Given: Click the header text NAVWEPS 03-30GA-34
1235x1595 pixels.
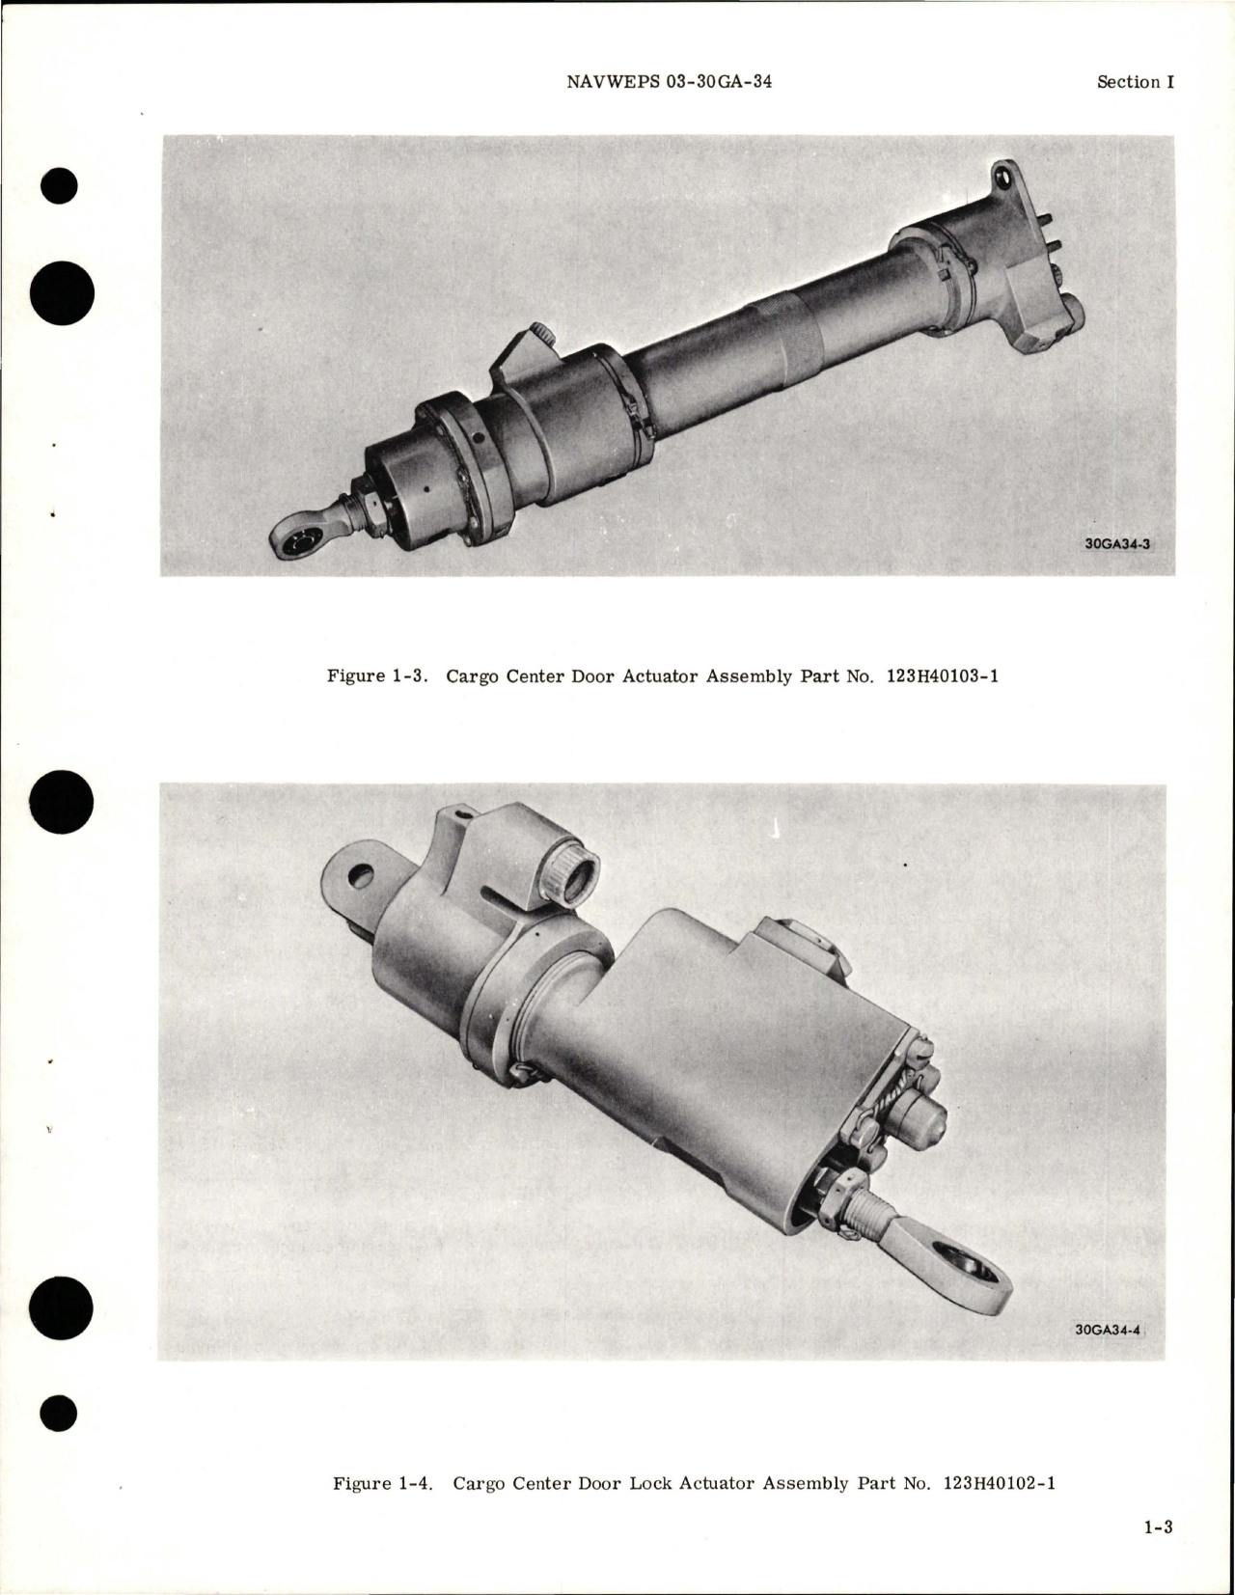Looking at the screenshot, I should click(669, 82).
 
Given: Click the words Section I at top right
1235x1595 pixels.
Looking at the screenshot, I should click(1135, 82).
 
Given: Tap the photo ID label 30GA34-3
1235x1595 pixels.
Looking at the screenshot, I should click(1116, 543).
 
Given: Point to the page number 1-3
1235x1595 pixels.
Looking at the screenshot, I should click(1157, 1554).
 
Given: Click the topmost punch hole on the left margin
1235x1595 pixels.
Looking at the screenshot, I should click(61, 186).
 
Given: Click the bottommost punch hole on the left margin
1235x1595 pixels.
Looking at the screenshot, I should click(61, 1413).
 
